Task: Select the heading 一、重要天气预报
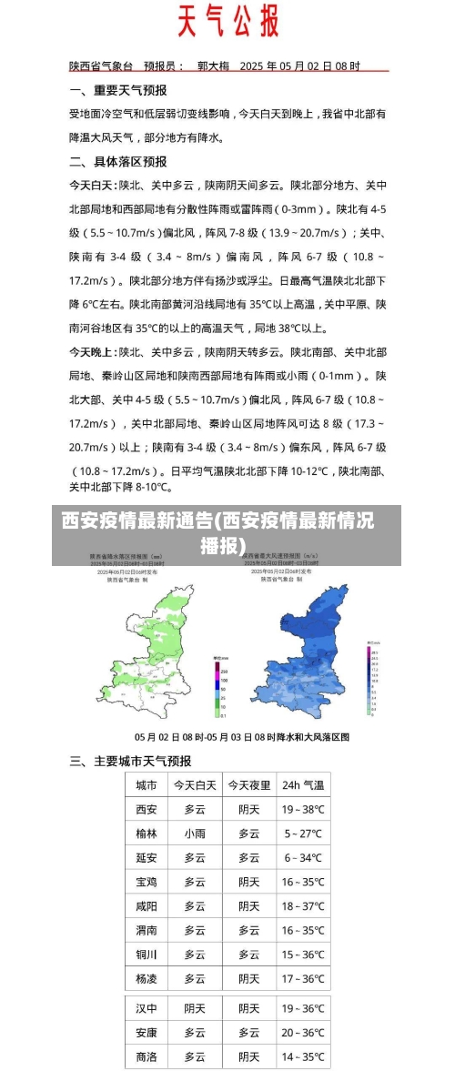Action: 117,91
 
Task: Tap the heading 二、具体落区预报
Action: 117,162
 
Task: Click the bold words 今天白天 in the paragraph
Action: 92,185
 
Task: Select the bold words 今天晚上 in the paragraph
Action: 92,351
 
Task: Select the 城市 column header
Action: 146,785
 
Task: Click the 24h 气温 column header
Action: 302,785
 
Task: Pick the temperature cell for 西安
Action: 302,809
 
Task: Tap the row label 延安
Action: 146,857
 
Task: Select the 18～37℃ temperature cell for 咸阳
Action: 302,906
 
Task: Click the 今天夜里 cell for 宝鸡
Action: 248,882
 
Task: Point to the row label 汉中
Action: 146,1008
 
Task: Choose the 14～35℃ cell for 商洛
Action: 302,1056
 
